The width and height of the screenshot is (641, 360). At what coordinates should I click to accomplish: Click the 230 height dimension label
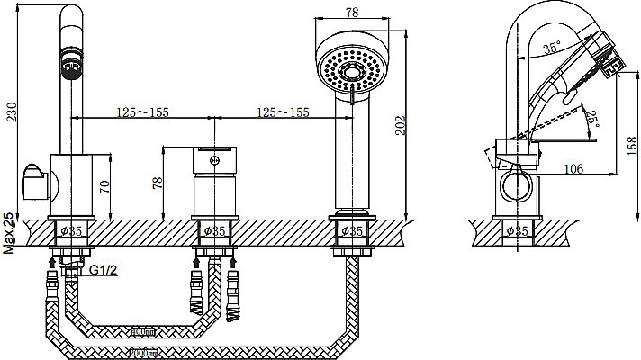click(12, 112)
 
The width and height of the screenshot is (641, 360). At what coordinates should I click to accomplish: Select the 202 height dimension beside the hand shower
click(401, 126)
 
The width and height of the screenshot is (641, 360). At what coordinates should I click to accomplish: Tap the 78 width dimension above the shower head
click(352, 13)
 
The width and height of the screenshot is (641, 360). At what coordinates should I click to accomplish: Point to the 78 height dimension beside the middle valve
click(158, 183)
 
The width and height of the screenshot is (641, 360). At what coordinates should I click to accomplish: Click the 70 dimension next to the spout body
click(104, 186)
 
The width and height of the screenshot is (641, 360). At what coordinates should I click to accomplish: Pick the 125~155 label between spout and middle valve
click(142, 112)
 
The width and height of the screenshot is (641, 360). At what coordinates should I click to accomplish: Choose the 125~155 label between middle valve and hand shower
click(283, 112)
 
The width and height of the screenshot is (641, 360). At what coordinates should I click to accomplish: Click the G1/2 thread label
click(104, 270)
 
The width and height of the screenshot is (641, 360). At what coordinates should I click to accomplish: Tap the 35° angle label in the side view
click(552, 48)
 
